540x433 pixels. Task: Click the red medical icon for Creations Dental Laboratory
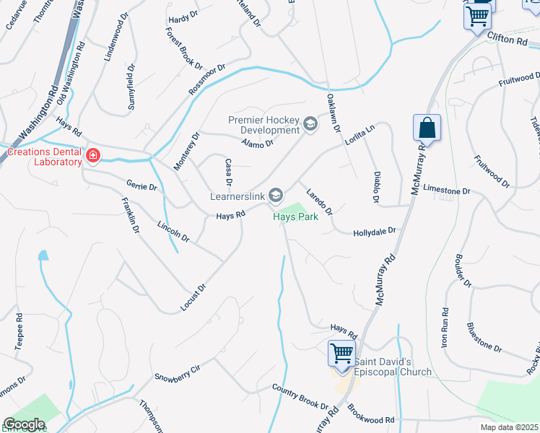pyautogui.click(x=92, y=155)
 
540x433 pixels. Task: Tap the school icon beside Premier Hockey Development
pyautogui.click(x=310, y=125)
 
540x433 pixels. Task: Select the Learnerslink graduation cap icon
pyautogui.click(x=275, y=195)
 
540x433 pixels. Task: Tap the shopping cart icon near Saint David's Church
pyautogui.click(x=341, y=354)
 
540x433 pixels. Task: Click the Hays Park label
pyautogui.click(x=295, y=216)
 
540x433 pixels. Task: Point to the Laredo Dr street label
pyautogui.click(x=318, y=201)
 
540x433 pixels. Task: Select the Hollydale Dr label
pyautogui.click(x=375, y=232)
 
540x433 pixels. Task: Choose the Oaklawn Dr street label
pyautogui.click(x=333, y=113)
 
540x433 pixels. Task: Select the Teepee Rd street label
pyautogui.click(x=19, y=332)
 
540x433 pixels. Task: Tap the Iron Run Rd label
pyautogui.click(x=445, y=328)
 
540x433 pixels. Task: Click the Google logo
pyautogui.click(x=25, y=424)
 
